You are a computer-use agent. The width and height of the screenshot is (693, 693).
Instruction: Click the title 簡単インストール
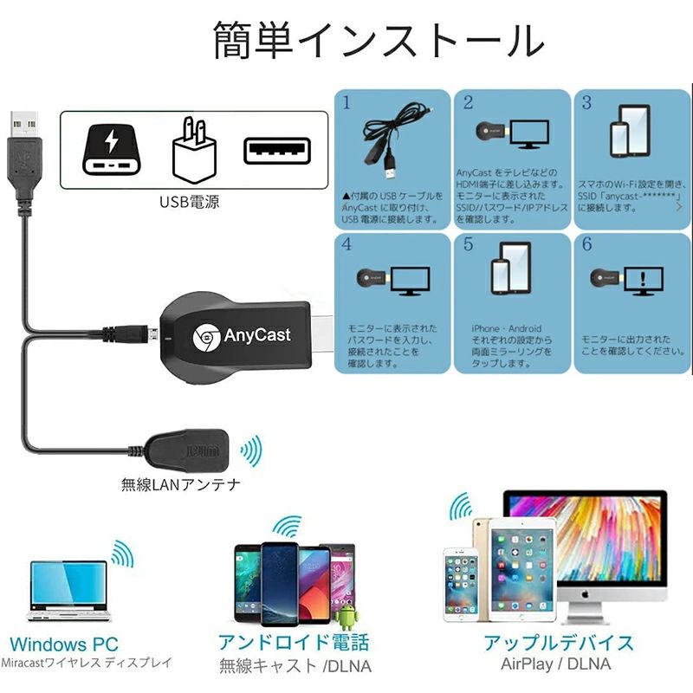coord(379,41)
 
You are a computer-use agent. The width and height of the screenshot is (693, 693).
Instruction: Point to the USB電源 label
coord(189,203)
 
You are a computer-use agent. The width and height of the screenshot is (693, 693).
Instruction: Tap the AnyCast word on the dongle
coord(257,334)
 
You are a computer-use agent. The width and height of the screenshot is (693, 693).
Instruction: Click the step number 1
coord(346,103)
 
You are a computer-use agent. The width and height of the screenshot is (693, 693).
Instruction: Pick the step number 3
coord(586,103)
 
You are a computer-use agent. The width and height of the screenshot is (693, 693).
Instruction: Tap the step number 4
coord(346,244)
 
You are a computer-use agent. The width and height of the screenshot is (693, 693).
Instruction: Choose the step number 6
coord(586,244)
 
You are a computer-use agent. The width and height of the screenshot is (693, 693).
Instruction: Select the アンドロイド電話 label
coord(294,642)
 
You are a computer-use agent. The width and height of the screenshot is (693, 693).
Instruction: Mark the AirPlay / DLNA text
coord(555,664)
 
